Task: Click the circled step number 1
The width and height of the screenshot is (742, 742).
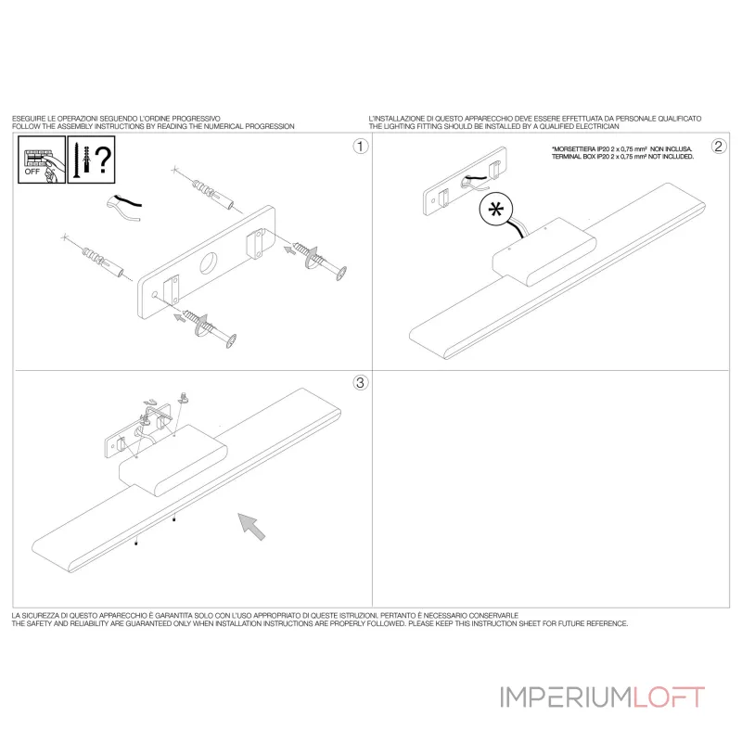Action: coord(361,147)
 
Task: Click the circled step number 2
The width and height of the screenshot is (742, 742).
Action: coord(719,147)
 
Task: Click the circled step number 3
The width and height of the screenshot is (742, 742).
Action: coord(361,382)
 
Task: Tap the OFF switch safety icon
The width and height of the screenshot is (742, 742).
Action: coord(42,160)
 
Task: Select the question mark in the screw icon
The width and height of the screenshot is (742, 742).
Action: coord(103,160)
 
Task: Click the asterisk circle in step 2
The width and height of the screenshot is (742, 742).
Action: coord(496,210)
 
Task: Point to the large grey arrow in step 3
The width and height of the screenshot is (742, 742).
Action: coord(251,526)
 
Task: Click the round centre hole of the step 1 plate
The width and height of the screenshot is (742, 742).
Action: coord(209,263)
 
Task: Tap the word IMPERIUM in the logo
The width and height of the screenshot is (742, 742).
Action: coord(566,697)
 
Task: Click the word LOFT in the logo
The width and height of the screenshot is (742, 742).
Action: coord(669,697)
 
